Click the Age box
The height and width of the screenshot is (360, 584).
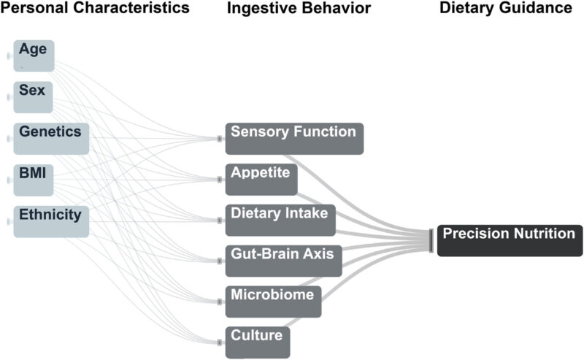click(x=34, y=55)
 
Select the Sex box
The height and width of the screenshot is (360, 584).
click(x=34, y=97)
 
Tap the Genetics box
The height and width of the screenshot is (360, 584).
click(x=51, y=138)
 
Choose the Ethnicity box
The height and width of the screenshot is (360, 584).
click(x=51, y=221)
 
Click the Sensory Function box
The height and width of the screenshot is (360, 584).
click(x=293, y=138)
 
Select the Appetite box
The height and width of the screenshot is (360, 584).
click(x=261, y=179)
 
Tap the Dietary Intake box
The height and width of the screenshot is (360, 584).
click(x=280, y=220)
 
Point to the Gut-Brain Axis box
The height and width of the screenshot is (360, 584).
click(x=283, y=261)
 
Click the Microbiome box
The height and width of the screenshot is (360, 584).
click(x=273, y=302)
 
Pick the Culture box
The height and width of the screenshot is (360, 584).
click(x=258, y=342)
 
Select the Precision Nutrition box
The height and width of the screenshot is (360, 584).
click(x=510, y=240)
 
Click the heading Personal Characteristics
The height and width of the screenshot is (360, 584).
click(x=94, y=9)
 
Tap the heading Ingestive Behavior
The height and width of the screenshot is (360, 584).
click(x=299, y=9)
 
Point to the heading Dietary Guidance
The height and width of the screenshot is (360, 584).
click(x=505, y=9)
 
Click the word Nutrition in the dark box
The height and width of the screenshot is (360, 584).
click(x=543, y=234)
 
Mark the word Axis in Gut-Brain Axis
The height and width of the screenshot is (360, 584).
click(x=320, y=254)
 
